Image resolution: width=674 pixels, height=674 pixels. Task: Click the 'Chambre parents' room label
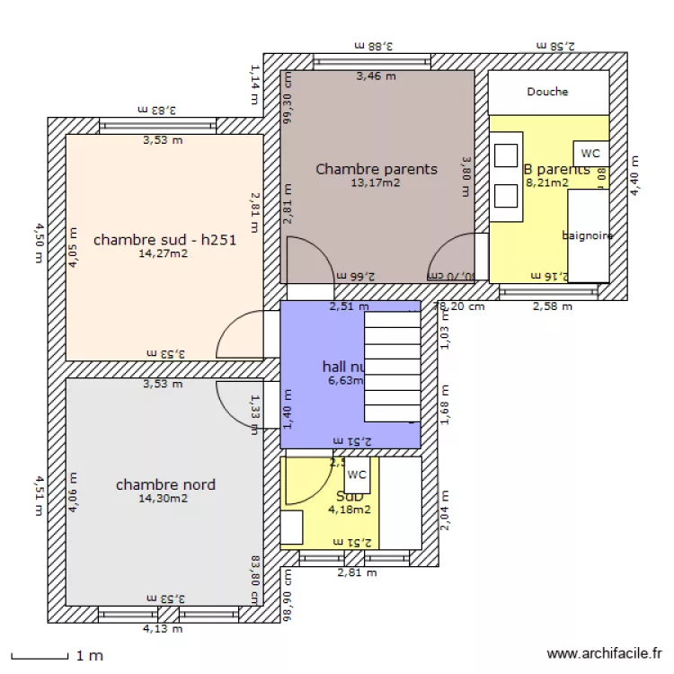[377, 169]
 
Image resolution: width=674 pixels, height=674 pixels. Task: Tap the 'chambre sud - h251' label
[164, 240]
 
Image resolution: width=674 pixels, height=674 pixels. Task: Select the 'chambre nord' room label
[165, 485]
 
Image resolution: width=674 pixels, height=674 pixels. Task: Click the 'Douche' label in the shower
[547, 92]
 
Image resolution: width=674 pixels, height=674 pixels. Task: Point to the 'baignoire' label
[587, 236]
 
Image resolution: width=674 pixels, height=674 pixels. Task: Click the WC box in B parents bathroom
[590, 154]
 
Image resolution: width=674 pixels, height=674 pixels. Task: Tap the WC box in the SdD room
[357, 474]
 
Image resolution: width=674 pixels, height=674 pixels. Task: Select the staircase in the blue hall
[393, 367]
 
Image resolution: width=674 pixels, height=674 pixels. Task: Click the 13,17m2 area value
[376, 183]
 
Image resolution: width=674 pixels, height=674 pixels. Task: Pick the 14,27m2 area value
[164, 254]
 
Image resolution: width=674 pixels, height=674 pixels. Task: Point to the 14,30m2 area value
[164, 499]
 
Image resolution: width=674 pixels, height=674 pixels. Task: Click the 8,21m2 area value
[546, 183]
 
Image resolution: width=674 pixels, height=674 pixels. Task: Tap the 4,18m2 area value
[350, 510]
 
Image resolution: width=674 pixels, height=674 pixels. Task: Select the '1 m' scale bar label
[90, 656]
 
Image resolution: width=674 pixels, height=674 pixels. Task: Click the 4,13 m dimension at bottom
[163, 629]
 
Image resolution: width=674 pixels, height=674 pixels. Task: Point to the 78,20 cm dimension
[458, 306]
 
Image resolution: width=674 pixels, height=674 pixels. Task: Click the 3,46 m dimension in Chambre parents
[376, 76]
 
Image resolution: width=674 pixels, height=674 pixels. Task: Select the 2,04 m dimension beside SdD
[446, 510]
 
